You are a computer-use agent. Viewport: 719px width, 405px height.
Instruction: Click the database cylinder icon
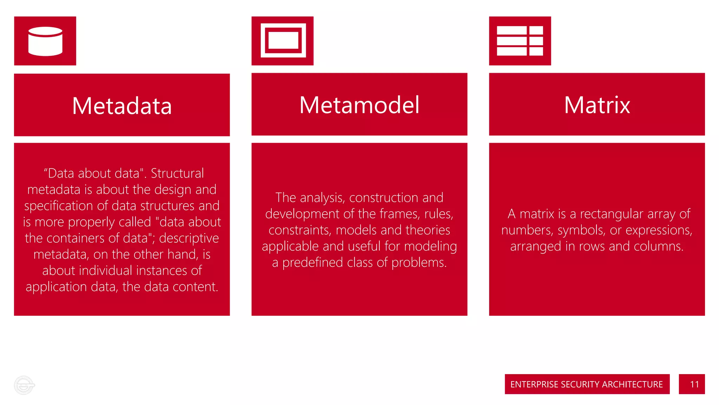(45, 41)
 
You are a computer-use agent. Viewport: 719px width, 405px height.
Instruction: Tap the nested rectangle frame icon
(283, 40)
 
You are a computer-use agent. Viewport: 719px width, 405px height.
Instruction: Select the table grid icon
(520, 41)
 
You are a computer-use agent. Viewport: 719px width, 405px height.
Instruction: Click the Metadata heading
(122, 105)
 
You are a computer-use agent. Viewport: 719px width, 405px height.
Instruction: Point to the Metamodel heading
(359, 105)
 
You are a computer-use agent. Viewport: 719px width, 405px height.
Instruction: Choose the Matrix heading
(597, 105)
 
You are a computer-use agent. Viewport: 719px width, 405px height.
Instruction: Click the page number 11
(694, 384)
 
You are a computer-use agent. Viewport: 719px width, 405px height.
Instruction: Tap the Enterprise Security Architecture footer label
(586, 384)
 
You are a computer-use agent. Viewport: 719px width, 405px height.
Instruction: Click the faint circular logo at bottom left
(24, 385)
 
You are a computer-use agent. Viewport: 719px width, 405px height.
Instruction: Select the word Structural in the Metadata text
(177, 173)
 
